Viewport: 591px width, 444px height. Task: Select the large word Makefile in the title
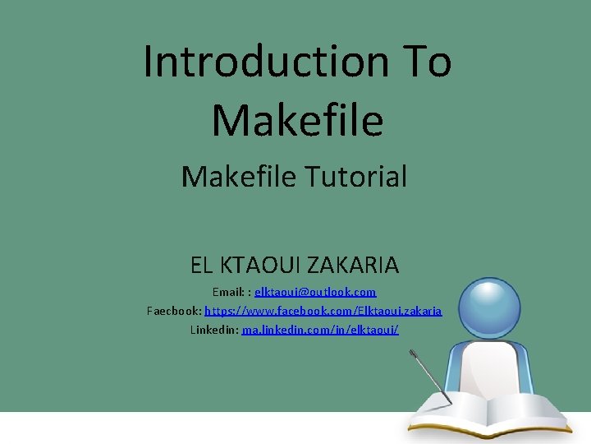(x=297, y=119)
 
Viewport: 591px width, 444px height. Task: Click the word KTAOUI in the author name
(x=265, y=266)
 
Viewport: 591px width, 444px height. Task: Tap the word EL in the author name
(x=202, y=266)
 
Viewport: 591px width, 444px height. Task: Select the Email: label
(x=228, y=292)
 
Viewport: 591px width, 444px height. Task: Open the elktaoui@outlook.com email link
(x=315, y=292)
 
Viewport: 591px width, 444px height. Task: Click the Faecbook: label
(x=174, y=311)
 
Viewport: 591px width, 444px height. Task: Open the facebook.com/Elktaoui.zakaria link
(x=323, y=311)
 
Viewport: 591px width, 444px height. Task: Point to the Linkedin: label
(x=214, y=330)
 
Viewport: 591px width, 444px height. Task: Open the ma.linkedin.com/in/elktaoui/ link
(x=320, y=330)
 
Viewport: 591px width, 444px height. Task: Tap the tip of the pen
(x=451, y=402)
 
